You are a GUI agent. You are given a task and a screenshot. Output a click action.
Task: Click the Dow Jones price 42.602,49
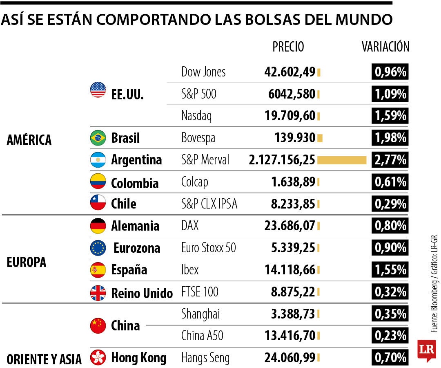290,72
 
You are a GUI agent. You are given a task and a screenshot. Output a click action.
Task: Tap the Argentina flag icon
98,160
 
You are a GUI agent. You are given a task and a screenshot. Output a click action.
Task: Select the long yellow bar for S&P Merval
342,160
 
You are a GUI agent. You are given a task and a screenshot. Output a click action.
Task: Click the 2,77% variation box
390,160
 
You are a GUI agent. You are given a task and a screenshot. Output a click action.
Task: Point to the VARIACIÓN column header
385,47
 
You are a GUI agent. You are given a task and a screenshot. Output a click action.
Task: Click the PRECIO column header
288,47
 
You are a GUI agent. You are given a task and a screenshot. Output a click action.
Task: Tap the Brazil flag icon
98,138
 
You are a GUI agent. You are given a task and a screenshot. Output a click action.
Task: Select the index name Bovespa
198,138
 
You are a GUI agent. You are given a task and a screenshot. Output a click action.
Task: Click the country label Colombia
135,182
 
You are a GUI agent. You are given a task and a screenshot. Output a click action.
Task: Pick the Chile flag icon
98,203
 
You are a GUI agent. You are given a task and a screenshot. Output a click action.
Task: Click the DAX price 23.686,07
290,226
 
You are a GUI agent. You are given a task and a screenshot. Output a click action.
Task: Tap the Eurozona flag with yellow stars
98,248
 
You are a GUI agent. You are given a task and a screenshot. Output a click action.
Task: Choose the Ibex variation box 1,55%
390,270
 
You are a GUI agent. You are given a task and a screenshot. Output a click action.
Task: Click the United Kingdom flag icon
98,293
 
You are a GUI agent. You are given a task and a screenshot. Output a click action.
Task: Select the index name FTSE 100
200,292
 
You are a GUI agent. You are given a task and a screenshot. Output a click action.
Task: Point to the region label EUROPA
27,263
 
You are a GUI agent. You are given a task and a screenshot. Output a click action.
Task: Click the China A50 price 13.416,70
290,336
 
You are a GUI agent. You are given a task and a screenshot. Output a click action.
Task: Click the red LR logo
427,350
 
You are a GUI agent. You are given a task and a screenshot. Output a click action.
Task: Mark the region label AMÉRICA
29,140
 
